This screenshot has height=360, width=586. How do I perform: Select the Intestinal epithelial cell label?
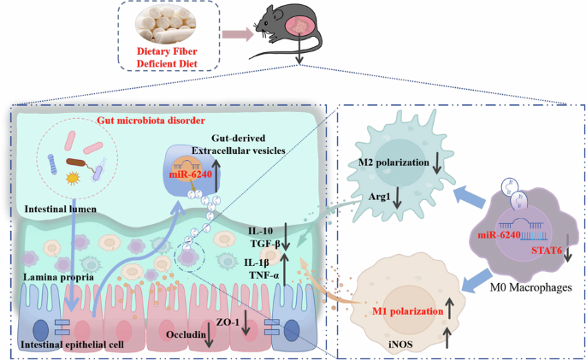[x=76, y=344]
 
